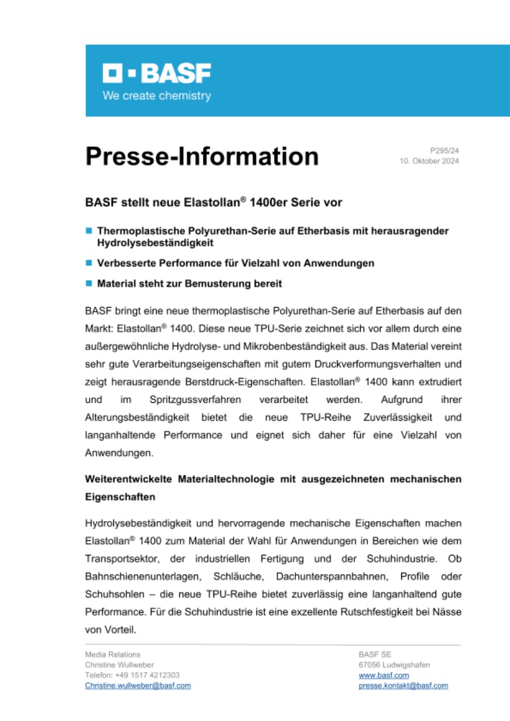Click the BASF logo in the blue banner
[x=157, y=74]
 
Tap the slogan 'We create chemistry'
[x=157, y=96]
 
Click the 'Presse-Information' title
[x=202, y=156]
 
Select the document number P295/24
[x=445, y=151]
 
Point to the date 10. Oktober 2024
[x=429, y=162]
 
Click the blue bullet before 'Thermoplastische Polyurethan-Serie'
[x=88, y=231]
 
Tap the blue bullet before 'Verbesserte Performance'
[x=88, y=263]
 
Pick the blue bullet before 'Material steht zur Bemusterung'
[x=88, y=284]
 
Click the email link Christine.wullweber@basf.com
[x=138, y=686]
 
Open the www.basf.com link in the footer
[x=384, y=675]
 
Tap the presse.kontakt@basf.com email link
[x=403, y=686]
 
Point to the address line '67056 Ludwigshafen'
[x=394, y=665]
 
